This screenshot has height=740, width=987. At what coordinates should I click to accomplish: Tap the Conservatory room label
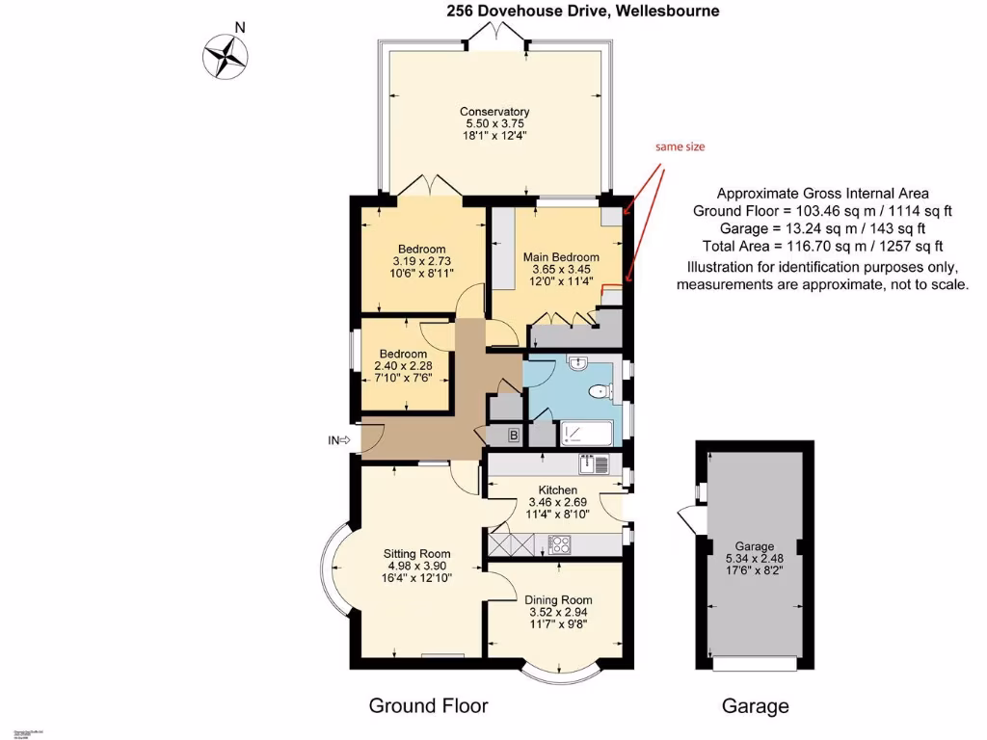[494, 112]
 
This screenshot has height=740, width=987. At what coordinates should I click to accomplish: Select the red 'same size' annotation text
[680, 147]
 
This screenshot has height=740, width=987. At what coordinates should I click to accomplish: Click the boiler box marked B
[514, 436]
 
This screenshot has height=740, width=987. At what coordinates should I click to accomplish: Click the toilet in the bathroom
[600, 391]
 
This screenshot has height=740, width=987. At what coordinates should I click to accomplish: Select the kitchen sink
[594, 464]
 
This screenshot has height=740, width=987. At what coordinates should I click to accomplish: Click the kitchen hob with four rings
[560, 543]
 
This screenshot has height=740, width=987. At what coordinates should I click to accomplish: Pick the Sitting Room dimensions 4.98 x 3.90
[417, 566]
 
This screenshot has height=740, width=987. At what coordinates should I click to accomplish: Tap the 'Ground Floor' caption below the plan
[428, 706]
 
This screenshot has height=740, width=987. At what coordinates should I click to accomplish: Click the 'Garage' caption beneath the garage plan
[755, 706]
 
